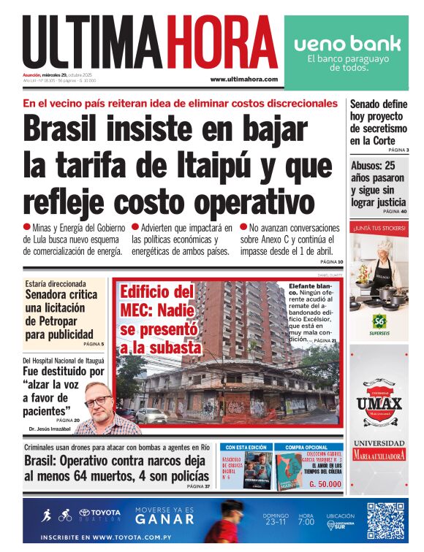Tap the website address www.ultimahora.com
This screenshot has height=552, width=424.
pos(243,79)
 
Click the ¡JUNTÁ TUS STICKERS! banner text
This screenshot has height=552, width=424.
pos(379,227)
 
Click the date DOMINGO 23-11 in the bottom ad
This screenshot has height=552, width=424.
pos(275,519)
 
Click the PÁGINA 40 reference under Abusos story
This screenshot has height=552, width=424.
pos(393,211)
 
